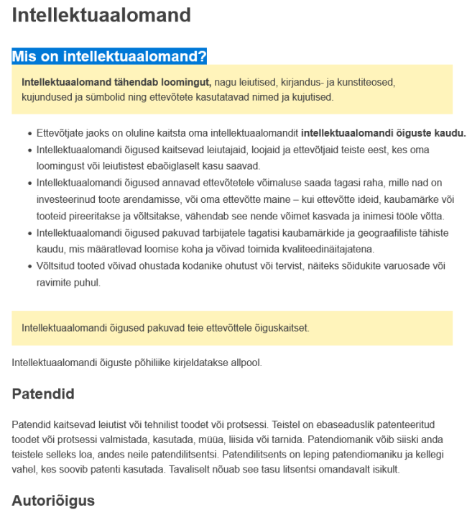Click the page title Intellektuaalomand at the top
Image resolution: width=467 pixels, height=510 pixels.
pyautogui.click(x=101, y=15)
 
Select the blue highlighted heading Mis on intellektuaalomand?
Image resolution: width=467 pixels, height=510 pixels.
pyautogui.click(x=109, y=56)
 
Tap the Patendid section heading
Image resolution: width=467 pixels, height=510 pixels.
pyautogui.click(x=43, y=393)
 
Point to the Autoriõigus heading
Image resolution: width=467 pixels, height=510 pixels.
pyautogui.click(x=53, y=500)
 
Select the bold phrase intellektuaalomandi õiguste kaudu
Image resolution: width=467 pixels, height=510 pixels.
pyautogui.click(x=384, y=133)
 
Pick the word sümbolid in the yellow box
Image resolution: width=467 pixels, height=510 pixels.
pyautogui.click(x=91, y=97)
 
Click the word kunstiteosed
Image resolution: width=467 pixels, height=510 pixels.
pyautogui.click(x=366, y=83)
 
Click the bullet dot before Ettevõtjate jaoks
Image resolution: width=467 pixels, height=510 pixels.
pyautogui.click(x=29, y=134)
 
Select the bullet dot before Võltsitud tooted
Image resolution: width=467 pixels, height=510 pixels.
pyautogui.click(x=29, y=266)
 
